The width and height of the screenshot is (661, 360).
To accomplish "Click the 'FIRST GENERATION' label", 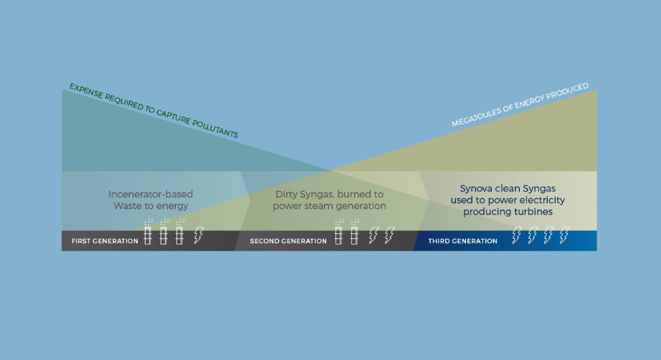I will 105,241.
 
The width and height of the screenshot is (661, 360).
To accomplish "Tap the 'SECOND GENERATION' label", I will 287,241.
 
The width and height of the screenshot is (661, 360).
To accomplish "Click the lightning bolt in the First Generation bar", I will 199,235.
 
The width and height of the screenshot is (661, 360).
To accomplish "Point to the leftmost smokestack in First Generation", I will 148,234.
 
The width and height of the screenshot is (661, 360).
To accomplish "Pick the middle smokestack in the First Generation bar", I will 164,234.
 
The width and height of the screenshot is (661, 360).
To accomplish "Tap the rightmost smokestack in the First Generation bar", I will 180,234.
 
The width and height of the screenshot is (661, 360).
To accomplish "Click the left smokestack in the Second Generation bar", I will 338,234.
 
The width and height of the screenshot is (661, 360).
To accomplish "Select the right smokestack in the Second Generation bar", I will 354,234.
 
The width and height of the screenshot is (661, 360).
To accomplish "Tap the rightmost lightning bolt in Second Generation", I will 389,235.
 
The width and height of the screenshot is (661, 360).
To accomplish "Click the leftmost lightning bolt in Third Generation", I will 515,235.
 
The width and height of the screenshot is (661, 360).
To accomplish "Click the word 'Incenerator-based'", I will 151,194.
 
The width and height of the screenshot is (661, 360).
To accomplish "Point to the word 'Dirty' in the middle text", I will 287,194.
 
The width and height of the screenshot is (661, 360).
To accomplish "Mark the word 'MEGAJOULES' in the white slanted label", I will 477,117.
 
